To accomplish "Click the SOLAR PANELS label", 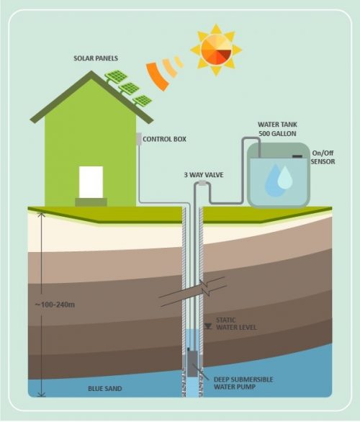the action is coord(96,58).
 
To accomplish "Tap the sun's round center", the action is coord(216,50).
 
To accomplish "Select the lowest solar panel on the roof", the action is coord(143,101).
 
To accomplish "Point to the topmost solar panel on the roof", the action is coord(116,76).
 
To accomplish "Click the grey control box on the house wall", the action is coord(139,139).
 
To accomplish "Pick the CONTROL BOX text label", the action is coord(164,139).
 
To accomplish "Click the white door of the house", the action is coord(91,182).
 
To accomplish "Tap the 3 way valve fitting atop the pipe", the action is coord(202,183).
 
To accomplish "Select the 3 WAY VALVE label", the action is coord(204,175).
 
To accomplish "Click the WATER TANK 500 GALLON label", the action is coord(277,129).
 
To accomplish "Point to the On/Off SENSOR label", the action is coord(323,158).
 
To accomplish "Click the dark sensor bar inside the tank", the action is coord(297,156).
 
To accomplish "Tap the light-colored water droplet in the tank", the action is coord(285,177).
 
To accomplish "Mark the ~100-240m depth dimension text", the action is coord(55,305).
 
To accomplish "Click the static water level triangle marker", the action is coord(207,326).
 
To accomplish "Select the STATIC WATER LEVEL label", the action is coord(236,324).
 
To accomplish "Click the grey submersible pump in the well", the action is coord(192,362).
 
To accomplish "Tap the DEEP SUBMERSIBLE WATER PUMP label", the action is coord(243,383).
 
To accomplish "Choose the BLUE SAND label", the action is coord(105,389).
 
